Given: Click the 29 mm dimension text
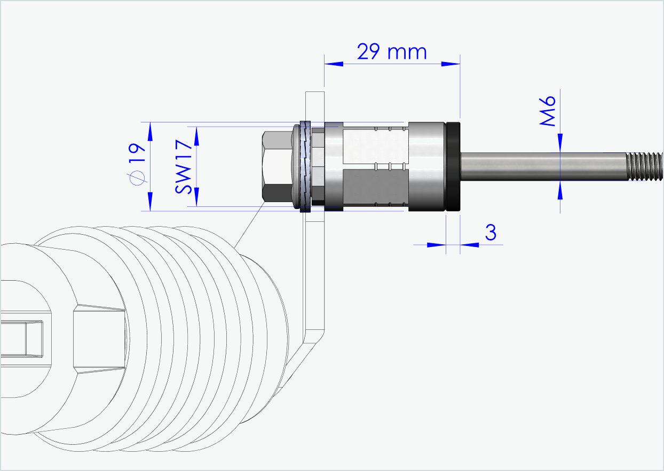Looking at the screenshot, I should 392,52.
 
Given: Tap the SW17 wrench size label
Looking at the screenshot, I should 183,166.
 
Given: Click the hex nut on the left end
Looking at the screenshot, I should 276,166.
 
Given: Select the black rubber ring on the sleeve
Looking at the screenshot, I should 453,167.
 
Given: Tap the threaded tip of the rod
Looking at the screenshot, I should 644,166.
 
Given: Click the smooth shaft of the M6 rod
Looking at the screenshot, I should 539,166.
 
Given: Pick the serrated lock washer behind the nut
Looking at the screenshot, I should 305,166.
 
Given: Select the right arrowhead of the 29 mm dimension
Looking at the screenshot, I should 451,64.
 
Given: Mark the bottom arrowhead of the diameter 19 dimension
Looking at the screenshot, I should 150,202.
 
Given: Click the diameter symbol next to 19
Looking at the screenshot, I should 137,178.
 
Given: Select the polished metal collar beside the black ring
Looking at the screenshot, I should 426,167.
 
